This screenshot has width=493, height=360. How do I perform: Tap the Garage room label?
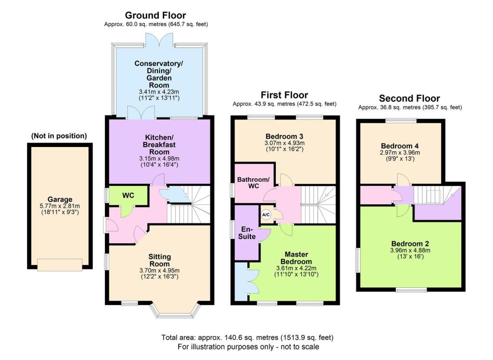click(60, 199)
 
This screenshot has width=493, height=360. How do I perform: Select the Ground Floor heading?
click(155, 15)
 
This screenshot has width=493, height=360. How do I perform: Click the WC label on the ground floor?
click(128, 196)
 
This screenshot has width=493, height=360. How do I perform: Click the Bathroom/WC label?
click(254, 183)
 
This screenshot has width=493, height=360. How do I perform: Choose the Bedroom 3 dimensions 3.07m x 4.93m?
click(285, 143)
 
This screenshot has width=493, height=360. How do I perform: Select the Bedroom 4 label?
click(399, 146)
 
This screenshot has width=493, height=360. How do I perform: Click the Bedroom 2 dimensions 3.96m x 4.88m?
click(410, 250)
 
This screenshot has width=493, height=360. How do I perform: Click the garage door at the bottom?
click(60, 264)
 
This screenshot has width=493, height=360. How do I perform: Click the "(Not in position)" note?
click(59, 136)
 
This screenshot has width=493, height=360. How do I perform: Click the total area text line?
click(247, 337)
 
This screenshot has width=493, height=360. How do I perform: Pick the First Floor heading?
click(284, 95)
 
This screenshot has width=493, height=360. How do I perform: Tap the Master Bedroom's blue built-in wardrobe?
click(241, 282)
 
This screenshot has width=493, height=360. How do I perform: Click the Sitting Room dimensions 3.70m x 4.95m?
click(159, 272)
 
